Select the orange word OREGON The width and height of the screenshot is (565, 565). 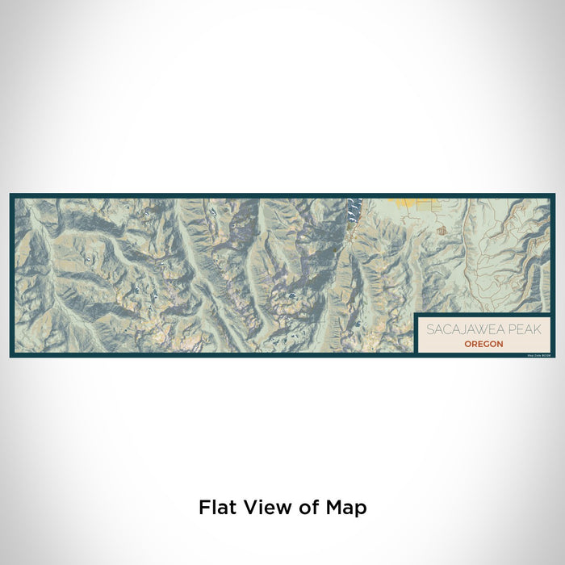[483, 344]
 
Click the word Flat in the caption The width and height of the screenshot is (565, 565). [218, 508]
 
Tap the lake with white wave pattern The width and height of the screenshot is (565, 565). [351, 211]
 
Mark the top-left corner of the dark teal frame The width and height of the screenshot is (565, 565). [11, 195]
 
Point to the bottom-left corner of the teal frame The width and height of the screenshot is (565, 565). [11, 356]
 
